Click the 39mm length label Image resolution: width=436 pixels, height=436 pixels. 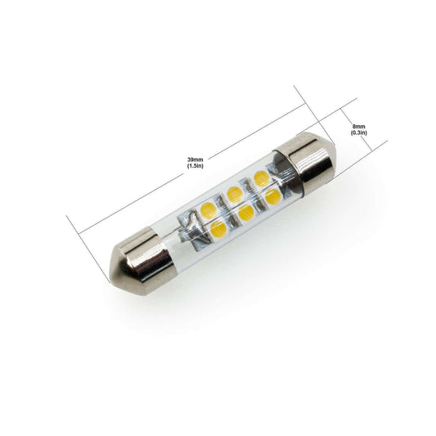pyautogui.click(x=196, y=160)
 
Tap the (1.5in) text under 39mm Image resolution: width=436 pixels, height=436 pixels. pyautogui.click(x=196, y=166)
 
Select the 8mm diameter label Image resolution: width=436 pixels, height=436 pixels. pyautogui.click(x=359, y=127)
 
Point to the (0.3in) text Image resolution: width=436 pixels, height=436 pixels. pyautogui.click(x=359, y=133)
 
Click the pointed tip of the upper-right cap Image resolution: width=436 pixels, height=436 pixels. pyautogui.click(x=335, y=145)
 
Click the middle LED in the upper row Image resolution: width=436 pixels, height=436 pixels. pyautogui.click(x=234, y=194)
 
